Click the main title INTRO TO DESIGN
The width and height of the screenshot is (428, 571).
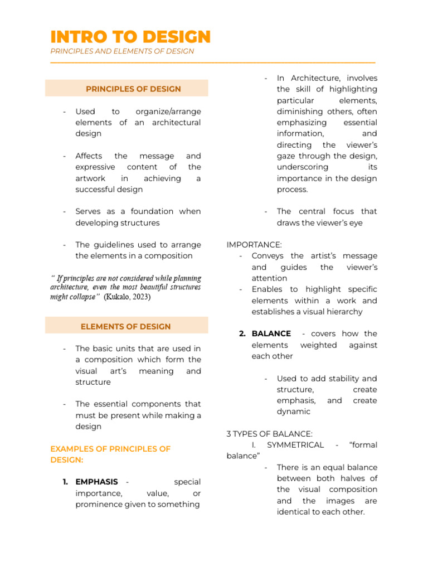click(130, 37)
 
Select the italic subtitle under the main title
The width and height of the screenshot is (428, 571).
click(122, 51)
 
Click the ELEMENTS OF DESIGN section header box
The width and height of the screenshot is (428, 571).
click(126, 327)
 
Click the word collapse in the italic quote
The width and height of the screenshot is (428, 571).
click(81, 297)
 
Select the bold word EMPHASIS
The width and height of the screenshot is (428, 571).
click(96, 482)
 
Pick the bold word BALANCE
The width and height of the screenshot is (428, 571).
click(271, 333)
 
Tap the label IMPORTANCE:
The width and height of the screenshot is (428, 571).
click(254, 245)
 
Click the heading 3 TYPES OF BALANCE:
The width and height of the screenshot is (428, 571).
click(269, 434)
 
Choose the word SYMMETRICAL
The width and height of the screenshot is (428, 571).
click(295, 445)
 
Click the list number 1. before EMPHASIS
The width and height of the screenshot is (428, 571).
click(65, 482)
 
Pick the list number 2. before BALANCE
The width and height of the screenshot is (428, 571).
click(242, 333)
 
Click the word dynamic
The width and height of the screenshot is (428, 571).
click(293, 412)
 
